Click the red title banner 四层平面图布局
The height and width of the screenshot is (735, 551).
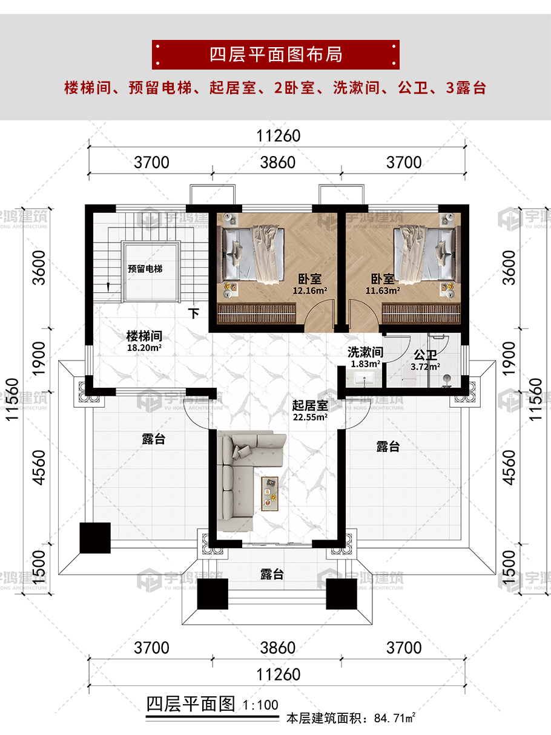275,54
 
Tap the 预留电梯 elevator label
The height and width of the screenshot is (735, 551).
145,269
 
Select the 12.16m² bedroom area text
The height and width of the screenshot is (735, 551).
309,290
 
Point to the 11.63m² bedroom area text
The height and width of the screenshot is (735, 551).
383,290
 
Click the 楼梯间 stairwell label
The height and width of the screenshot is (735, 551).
144,336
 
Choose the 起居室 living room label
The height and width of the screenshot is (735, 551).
309,405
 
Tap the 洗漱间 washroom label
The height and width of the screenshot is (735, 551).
365,352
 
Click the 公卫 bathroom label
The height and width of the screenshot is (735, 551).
425,355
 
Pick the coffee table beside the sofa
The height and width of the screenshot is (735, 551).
270,494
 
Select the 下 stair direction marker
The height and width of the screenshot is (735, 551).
193,313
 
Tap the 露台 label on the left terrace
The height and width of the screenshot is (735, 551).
154,439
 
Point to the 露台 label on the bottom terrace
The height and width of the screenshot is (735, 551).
272,574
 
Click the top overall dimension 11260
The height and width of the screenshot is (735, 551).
278,136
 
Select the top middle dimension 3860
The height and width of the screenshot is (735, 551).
278,163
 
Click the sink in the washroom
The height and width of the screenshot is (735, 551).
364,380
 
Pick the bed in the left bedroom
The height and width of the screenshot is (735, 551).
251,255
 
